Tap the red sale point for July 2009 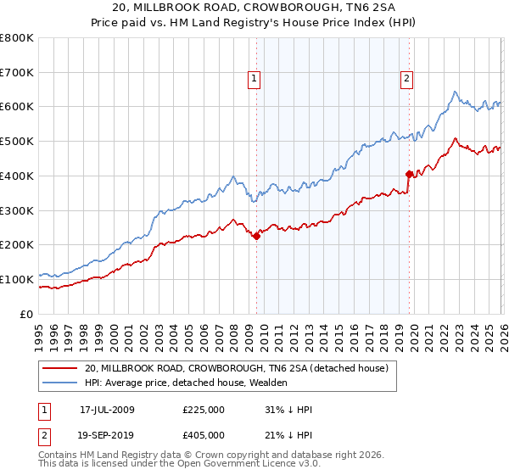256,237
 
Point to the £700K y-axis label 17,73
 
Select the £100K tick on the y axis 17,279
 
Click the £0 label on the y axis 27,314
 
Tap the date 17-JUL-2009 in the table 107,410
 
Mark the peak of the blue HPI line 455,92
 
